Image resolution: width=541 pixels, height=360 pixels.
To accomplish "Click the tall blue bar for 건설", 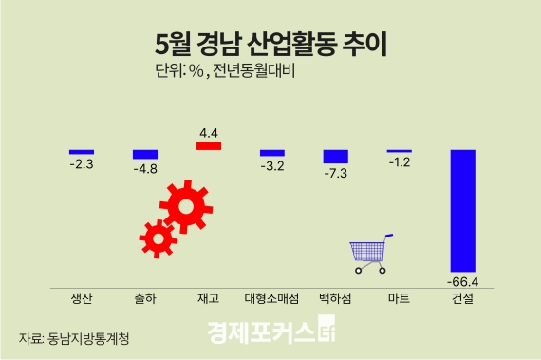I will pos(462,210).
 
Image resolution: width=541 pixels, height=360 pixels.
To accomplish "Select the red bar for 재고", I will pos(208,146).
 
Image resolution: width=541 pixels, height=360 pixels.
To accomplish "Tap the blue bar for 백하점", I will pos(336,156).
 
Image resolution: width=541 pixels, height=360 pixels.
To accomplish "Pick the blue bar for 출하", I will pos(144,154).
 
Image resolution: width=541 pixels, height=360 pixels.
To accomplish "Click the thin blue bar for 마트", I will pos(399,151).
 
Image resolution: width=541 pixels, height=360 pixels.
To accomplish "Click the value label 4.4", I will pos(208,131).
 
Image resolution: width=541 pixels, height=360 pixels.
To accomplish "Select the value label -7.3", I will pos(336,175).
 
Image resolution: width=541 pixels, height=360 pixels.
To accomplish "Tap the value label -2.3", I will pos(82,164).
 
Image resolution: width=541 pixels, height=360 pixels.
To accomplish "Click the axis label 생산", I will pos(82,298).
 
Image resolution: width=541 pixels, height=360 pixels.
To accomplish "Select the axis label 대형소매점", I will pos(271,298).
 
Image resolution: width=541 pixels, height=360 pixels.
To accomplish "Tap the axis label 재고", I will pos(208,298).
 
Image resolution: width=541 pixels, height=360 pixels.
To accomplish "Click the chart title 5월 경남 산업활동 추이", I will pos(270,43).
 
